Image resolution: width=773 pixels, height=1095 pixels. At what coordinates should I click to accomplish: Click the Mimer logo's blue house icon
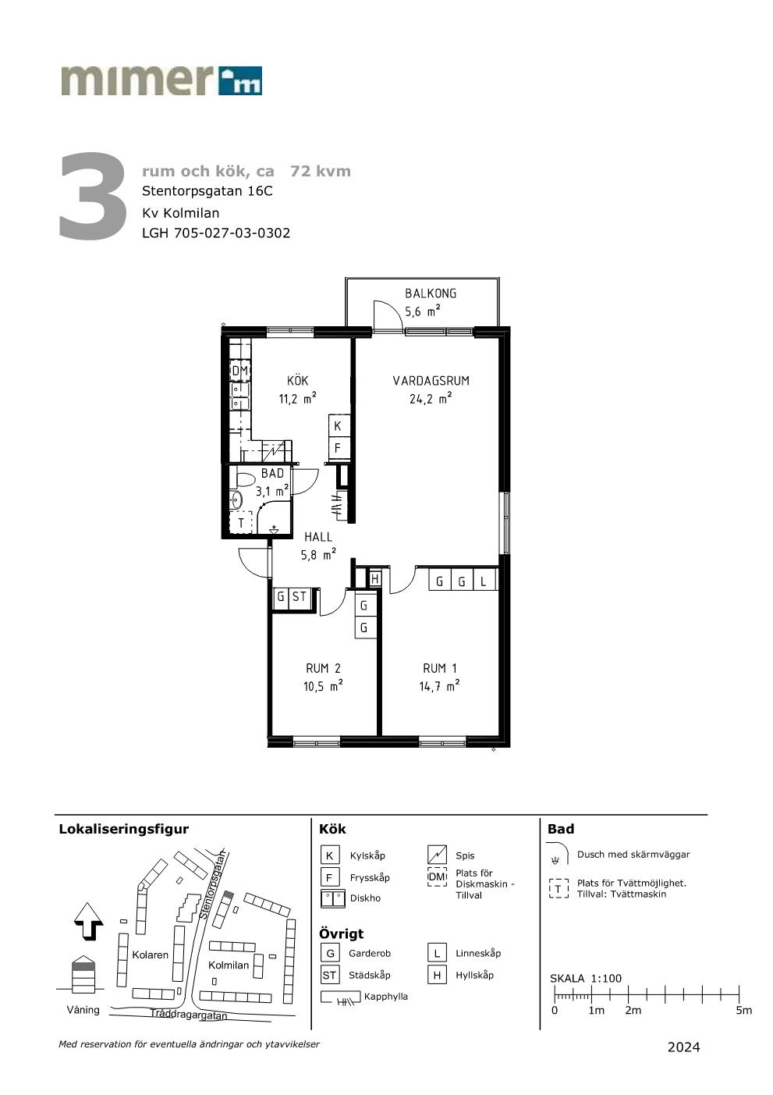click(240, 80)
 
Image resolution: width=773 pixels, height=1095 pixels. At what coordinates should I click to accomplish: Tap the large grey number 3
click(93, 196)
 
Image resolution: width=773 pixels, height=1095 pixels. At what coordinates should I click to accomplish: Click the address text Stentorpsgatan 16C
click(207, 190)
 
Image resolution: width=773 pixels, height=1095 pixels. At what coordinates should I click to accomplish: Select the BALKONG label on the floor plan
click(431, 293)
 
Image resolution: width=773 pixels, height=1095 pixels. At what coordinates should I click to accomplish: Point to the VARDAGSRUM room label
click(431, 381)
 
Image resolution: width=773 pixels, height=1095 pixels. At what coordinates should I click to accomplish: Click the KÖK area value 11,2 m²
click(297, 398)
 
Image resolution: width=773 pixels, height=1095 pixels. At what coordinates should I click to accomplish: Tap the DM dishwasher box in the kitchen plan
click(240, 371)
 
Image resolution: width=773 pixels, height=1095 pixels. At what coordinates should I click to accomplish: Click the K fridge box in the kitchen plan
click(338, 426)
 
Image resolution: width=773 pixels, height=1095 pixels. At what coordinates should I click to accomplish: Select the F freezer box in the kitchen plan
click(338, 447)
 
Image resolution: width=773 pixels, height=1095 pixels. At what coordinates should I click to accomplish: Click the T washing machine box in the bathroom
click(241, 523)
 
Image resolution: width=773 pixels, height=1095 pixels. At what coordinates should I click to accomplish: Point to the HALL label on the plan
click(318, 537)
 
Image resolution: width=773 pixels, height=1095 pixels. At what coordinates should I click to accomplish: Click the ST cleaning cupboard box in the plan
click(300, 597)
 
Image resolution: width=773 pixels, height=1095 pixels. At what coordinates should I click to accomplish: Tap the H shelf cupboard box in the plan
click(374, 579)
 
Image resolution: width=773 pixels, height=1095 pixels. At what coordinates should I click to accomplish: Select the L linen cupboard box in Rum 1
click(484, 581)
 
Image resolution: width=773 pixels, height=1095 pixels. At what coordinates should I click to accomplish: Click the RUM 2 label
click(323, 668)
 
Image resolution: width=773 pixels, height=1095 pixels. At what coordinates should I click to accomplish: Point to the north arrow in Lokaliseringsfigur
click(88, 921)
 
